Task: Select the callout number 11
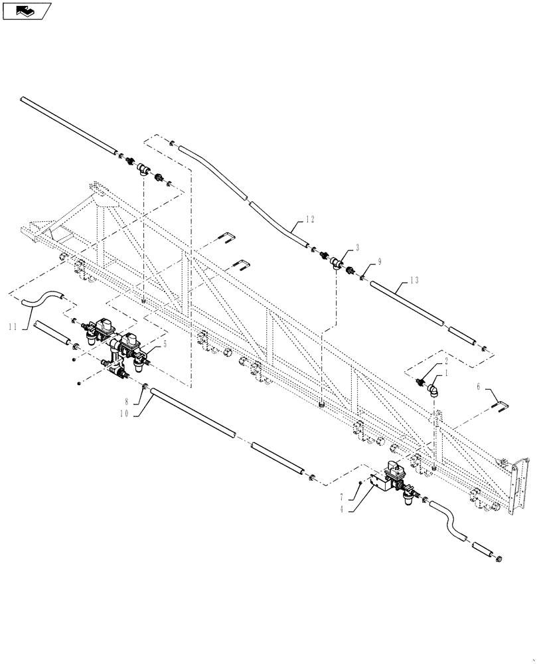pyautogui.click(x=14, y=326)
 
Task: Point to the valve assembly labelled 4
pyautogui.click(x=392, y=481)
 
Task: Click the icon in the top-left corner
pyautogui.click(x=27, y=11)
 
